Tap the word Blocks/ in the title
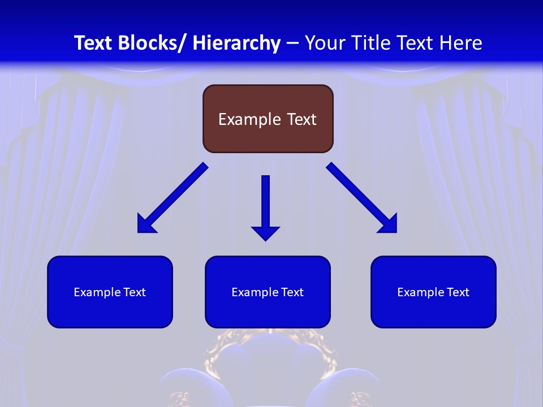coord(154,43)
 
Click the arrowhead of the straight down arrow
coord(265,232)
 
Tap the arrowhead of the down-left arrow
coord(145,224)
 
